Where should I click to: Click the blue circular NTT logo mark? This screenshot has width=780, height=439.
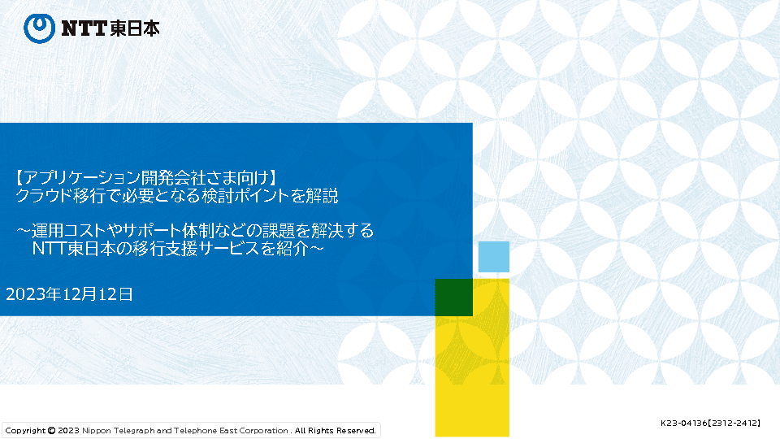coord(39,28)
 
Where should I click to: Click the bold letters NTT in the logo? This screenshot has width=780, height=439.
coord(84,28)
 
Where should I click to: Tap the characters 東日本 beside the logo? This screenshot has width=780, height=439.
coord(134,28)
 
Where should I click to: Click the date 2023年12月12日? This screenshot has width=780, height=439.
coord(69,294)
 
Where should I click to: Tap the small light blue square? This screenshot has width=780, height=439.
coord(493,257)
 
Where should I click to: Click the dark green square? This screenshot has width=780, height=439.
coord(453,298)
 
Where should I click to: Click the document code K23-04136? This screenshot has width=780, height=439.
coord(683,423)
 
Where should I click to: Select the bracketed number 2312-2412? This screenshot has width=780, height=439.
coord(734,423)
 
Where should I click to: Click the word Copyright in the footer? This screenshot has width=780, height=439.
coord(25,431)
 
